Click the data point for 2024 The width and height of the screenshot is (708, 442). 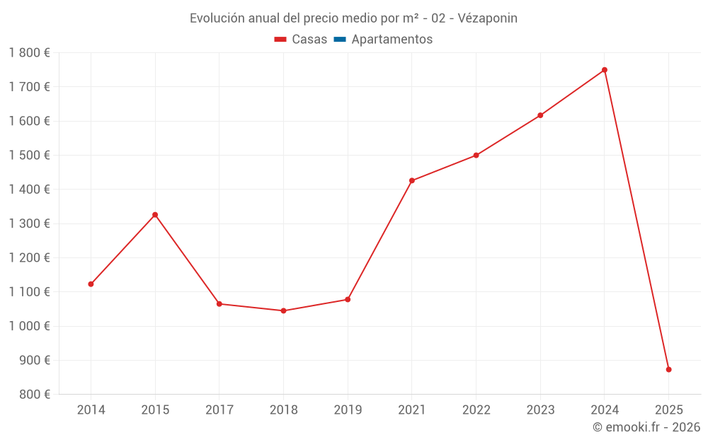click(x=605, y=70)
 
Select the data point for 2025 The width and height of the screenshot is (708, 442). click(x=668, y=369)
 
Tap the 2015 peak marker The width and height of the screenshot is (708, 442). click(x=155, y=214)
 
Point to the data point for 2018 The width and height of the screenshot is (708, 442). click(x=283, y=310)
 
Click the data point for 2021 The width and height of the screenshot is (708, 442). click(x=412, y=180)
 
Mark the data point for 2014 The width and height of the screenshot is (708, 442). click(x=91, y=284)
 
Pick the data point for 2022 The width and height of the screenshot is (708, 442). click(x=476, y=155)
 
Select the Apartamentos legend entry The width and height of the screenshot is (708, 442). click(x=392, y=40)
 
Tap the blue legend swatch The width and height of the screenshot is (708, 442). click(x=339, y=40)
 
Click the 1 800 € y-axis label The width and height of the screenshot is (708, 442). click(x=30, y=53)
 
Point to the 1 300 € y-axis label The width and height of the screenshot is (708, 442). click(x=30, y=223)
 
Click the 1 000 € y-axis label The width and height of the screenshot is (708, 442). click(x=30, y=326)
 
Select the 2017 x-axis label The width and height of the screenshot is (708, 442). click(x=219, y=410)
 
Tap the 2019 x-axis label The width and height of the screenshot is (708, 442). click(x=348, y=410)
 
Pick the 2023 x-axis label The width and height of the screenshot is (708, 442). click(x=540, y=410)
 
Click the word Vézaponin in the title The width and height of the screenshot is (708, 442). click(x=488, y=18)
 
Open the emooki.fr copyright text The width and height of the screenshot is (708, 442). click(x=646, y=427)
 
